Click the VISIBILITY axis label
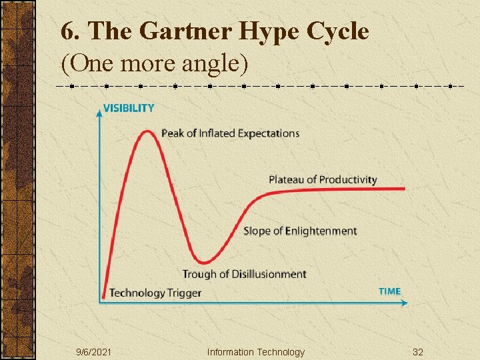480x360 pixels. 129,108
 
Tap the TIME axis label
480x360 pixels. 389,291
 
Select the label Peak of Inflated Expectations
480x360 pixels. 231,133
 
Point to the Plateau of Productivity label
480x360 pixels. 323,179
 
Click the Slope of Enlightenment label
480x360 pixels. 300,231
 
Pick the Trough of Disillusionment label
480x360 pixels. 244,274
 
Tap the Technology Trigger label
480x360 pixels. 155,293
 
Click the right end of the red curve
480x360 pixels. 404,189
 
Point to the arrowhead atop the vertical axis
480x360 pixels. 99,112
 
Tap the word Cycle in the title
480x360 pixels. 340,31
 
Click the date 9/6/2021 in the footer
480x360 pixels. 94,352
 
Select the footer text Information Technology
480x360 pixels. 255,352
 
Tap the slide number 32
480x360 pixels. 418,352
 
